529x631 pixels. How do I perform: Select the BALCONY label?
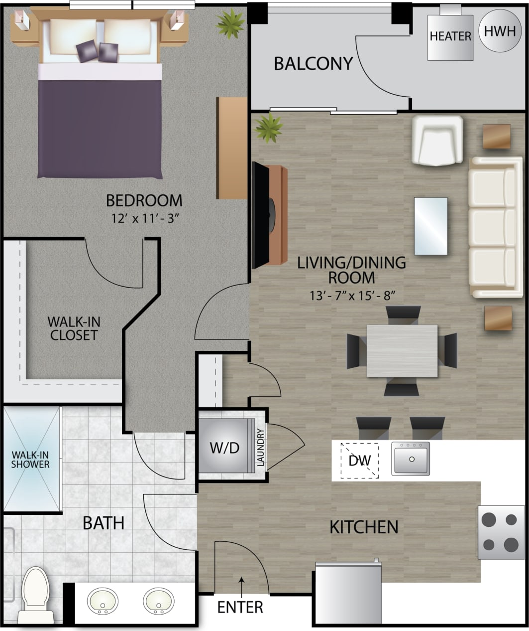coord(314,63)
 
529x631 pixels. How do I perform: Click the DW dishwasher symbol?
coord(359,460)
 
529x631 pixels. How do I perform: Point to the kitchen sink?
coord(411,458)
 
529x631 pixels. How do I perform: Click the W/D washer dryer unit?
coord(224,447)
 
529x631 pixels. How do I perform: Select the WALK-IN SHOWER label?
coord(31,460)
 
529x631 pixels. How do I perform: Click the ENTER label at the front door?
coord(240,607)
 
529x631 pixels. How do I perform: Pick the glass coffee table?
coord(430,226)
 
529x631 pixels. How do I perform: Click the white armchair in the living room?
coord(437,141)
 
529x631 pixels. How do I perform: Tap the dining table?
coord(402,351)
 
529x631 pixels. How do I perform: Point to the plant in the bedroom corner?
coord(230,22)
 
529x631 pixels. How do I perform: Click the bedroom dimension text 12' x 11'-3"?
coord(144,218)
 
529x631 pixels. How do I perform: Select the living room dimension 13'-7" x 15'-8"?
coord(351,295)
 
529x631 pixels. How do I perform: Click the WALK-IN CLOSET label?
coord(74,328)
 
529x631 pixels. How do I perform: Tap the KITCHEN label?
coord(364,527)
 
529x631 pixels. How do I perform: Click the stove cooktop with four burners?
coord(501,532)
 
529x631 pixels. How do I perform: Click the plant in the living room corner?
coord(269,128)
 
